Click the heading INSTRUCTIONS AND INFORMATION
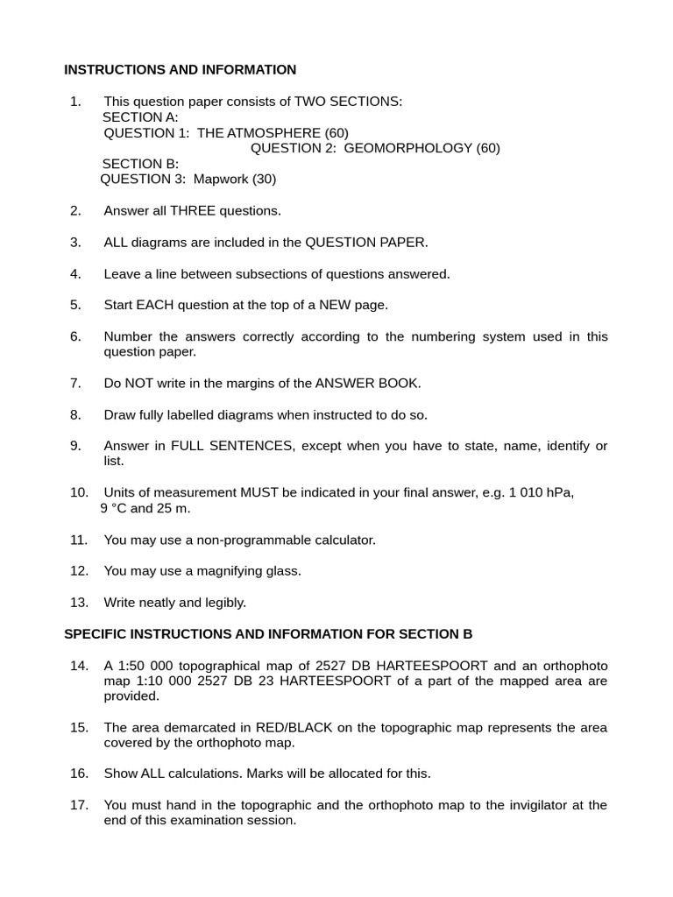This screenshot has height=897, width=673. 181,70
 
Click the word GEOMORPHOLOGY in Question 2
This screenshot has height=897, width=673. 407,148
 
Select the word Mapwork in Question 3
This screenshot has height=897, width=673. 221,180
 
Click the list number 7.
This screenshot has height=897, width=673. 75,383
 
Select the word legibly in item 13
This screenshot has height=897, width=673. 223,603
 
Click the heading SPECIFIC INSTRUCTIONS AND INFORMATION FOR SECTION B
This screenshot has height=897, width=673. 268,634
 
